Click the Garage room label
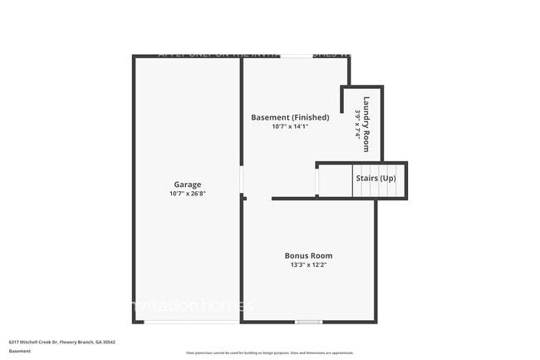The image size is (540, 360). click(x=187, y=185)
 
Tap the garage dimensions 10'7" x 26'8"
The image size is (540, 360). click(x=187, y=194)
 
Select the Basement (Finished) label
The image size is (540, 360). click(x=290, y=117)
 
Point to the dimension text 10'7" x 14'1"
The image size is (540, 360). click(x=290, y=126)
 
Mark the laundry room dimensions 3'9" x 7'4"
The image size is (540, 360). click(x=358, y=125)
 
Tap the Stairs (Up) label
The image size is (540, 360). click(x=376, y=179)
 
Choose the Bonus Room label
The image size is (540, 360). click(x=308, y=255)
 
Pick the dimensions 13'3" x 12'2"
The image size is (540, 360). click(x=308, y=265)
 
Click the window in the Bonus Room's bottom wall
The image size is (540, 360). click(x=308, y=322)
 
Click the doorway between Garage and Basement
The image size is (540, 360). click(x=242, y=180)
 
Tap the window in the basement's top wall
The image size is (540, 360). click(x=297, y=57)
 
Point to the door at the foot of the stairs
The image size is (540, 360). click(x=317, y=181)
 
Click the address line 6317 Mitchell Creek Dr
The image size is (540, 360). click(x=62, y=342)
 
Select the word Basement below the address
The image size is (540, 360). click(x=20, y=351)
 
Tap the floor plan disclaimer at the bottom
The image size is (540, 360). click(x=270, y=353)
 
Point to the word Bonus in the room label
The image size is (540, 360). click(x=296, y=255)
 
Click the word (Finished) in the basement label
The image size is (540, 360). click(x=312, y=117)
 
